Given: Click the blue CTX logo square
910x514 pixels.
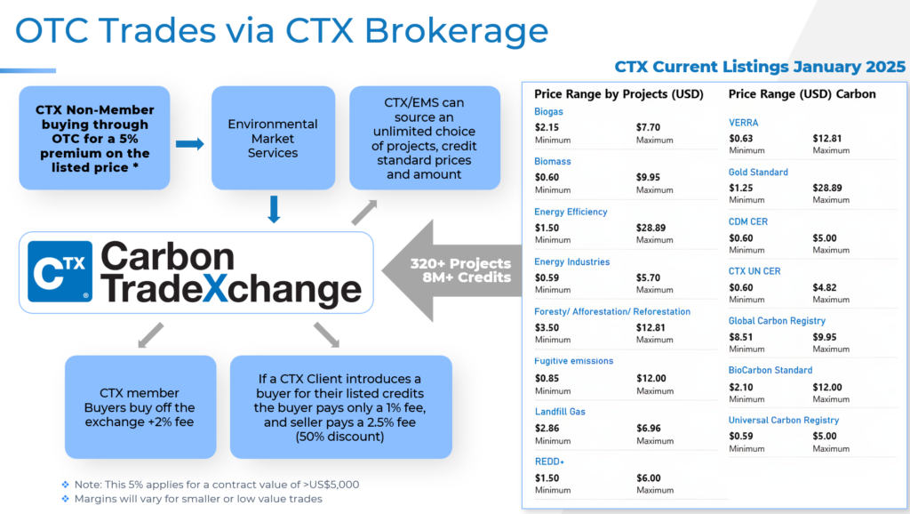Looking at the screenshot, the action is click(x=60, y=272).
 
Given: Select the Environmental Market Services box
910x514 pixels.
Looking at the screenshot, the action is click(x=273, y=138).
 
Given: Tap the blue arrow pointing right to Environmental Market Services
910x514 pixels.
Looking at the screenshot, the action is click(x=190, y=143).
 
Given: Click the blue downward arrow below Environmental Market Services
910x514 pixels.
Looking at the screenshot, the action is click(x=274, y=210).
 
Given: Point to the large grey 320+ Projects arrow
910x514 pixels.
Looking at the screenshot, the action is click(x=451, y=270).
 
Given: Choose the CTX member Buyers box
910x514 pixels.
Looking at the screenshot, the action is click(x=140, y=407).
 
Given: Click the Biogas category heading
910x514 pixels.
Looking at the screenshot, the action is click(x=548, y=111).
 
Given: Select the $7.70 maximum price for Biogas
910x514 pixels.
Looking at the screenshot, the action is click(x=648, y=127).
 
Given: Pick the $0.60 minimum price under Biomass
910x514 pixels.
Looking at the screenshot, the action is click(x=547, y=177).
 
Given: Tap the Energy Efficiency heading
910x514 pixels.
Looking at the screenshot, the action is click(x=571, y=212).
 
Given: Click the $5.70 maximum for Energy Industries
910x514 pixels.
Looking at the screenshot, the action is click(x=648, y=277).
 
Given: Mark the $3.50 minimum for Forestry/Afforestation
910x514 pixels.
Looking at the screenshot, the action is click(x=547, y=327).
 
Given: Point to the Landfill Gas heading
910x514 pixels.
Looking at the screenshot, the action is click(x=560, y=412).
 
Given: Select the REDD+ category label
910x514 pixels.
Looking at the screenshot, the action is click(x=549, y=462).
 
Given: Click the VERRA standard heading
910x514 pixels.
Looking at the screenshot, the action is click(x=744, y=123).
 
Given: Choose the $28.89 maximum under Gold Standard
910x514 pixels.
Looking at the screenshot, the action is click(x=827, y=189).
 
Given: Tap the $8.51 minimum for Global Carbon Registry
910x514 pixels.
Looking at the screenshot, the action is click(x=740, y=337).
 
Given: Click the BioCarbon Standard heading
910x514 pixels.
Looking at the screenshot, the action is click(x=770, y=370).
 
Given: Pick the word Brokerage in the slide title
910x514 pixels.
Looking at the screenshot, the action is click(x=456, y=32).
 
